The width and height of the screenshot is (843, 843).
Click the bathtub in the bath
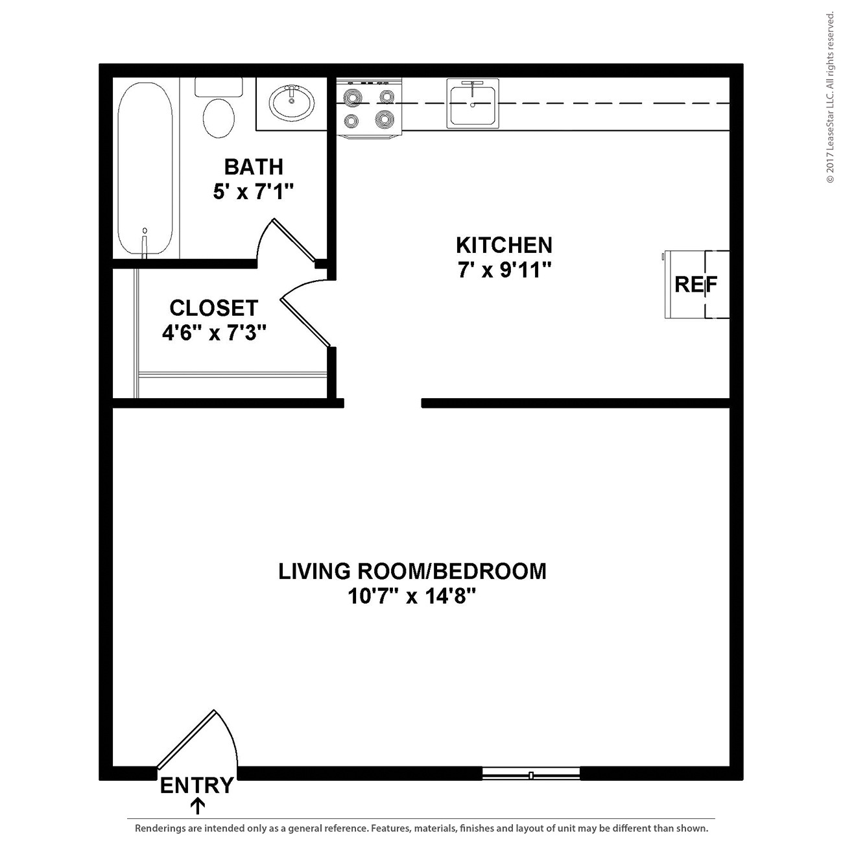tap(145, 169)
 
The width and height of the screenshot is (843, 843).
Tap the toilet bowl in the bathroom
tap(219, 118)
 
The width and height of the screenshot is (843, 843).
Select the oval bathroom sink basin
tap(291, 103)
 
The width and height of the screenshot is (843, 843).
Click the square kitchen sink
tap(473, 104)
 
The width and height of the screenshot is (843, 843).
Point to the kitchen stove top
tap(369, 108)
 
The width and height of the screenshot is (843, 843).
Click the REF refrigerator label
tap(696, 285)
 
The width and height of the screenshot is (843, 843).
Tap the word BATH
tap(254, 167)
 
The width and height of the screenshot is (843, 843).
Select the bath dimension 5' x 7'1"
tap(253, 191)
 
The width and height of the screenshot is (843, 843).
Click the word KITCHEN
tap(504, 245)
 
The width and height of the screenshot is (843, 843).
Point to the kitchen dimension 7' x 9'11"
tap(504, 270)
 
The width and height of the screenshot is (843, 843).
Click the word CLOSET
tap(213, 308)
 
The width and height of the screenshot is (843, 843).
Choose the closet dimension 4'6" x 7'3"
tap(214, 333)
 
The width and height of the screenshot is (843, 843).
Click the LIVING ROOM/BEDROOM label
tap(412, 571)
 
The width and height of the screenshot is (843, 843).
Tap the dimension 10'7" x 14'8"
tap(412, 596)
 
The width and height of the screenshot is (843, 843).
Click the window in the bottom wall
tap(531, 776)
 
